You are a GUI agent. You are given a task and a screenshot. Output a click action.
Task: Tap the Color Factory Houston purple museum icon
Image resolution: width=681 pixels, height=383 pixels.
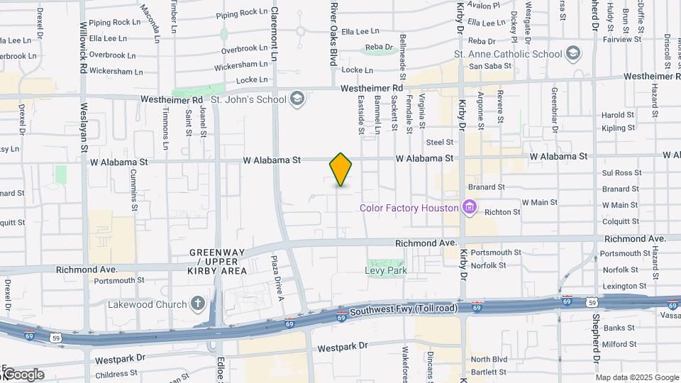(x=468, y=208)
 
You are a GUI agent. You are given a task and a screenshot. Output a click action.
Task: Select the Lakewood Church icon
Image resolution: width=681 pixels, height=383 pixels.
(x=198, y=304)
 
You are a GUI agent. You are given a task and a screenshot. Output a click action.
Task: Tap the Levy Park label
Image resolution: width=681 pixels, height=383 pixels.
(x=385, y=270)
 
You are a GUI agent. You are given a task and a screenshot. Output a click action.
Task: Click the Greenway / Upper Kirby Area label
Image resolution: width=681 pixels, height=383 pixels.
(x=218, y=262)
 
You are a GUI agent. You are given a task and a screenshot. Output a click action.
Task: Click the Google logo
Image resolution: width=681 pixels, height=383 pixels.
(x=23, y=374)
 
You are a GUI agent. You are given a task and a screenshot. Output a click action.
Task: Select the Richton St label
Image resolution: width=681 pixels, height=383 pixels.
(x=502, y=211)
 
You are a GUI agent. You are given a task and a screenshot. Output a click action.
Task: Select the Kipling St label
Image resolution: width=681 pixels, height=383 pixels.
(x=618, y=128)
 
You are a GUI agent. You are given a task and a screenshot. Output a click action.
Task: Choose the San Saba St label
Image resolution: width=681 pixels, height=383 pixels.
(x=485, y=66)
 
